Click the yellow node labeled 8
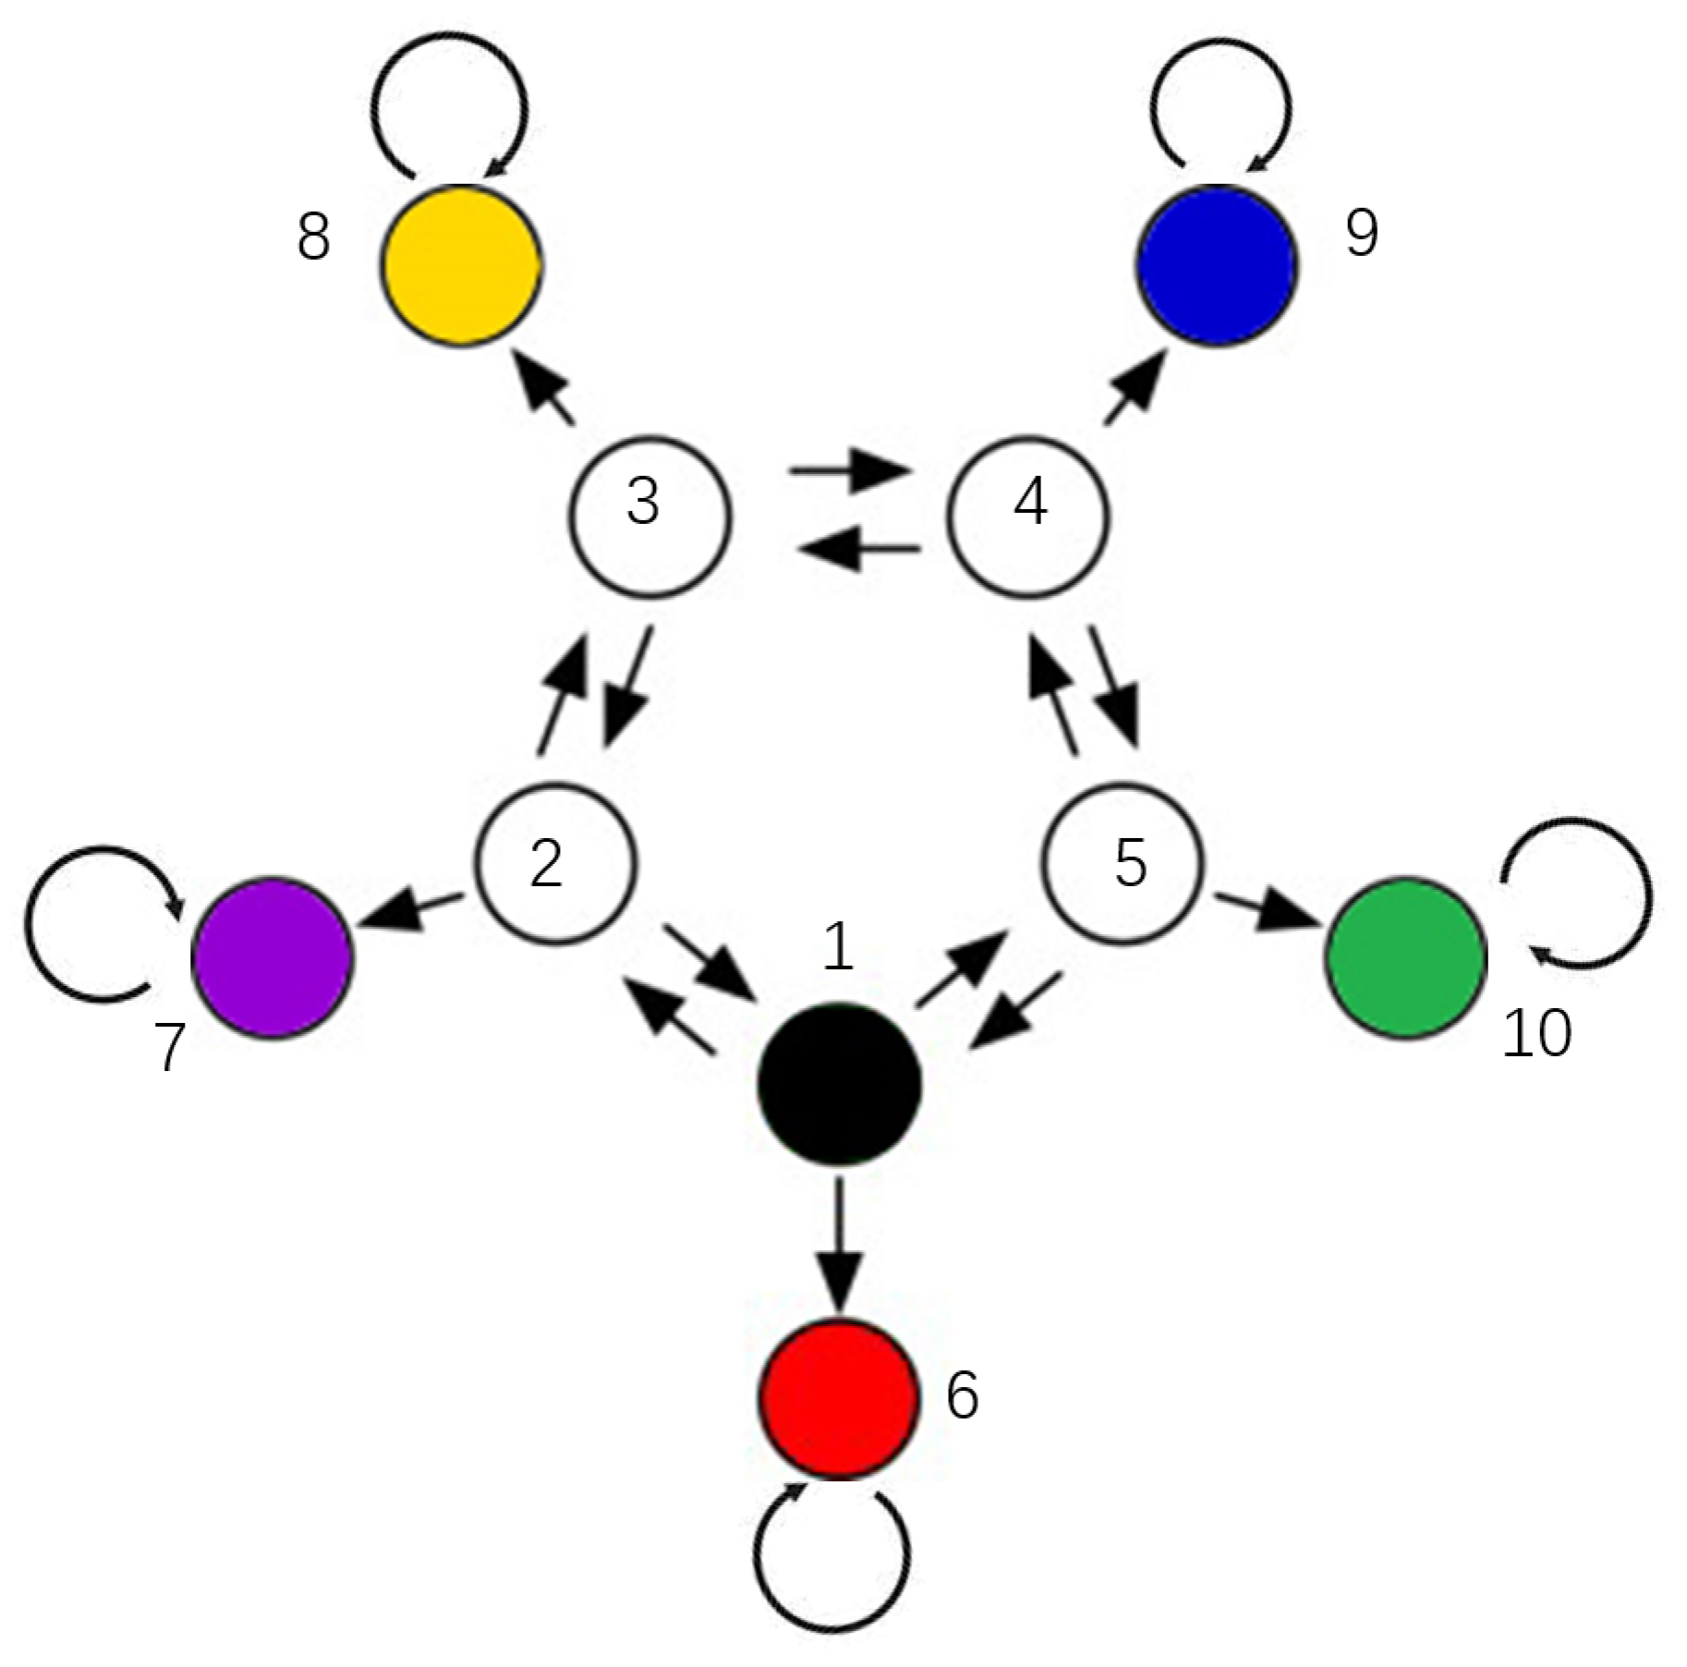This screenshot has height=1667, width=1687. (460, 266)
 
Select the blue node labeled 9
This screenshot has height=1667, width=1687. (1216, 265)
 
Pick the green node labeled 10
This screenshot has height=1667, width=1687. (1405, 957)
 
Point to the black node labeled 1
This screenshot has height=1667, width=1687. (838, 1083)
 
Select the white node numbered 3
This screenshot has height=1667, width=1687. (649, 517)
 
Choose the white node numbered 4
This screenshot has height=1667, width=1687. (1029, 517)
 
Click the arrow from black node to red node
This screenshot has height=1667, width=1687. (838, 1243)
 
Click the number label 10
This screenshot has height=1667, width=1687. (1536, 1033)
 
